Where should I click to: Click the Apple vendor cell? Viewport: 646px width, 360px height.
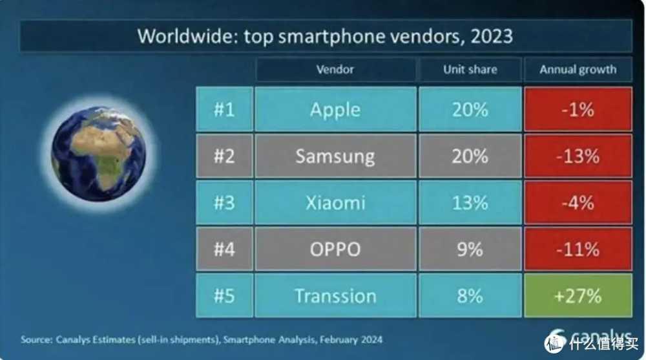pos(335,109)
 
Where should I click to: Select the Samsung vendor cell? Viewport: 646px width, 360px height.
pos(335,156)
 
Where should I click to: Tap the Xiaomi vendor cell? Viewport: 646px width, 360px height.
pos(335,202)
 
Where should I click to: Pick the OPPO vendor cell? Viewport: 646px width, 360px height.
pos(335,249)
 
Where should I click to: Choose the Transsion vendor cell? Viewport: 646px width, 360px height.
pos(335,295)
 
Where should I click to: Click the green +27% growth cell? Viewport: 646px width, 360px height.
pos(578,295)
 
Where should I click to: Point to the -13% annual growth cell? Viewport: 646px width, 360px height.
pos(578,156)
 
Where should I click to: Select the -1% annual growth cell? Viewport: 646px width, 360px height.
pos(578,109)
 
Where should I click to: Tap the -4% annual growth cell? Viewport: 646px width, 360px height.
pos(578,202)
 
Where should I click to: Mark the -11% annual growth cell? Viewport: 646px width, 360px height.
pos(578,249)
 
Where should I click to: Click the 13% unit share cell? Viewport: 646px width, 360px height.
pos(470,202)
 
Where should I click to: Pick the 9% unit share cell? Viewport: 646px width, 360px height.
pos(470,249)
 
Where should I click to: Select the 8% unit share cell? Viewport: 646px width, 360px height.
pos(470,295)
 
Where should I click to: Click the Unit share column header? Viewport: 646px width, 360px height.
pos(470,70)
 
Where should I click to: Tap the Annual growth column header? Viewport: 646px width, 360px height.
pos(578,70)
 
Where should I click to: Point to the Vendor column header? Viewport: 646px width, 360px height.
pos(335,70)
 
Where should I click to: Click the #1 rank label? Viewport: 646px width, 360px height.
pos(224,109)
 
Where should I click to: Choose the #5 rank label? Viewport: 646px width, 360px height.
pos(224,295)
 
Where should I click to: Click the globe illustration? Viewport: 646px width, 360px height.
pos(98,154)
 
